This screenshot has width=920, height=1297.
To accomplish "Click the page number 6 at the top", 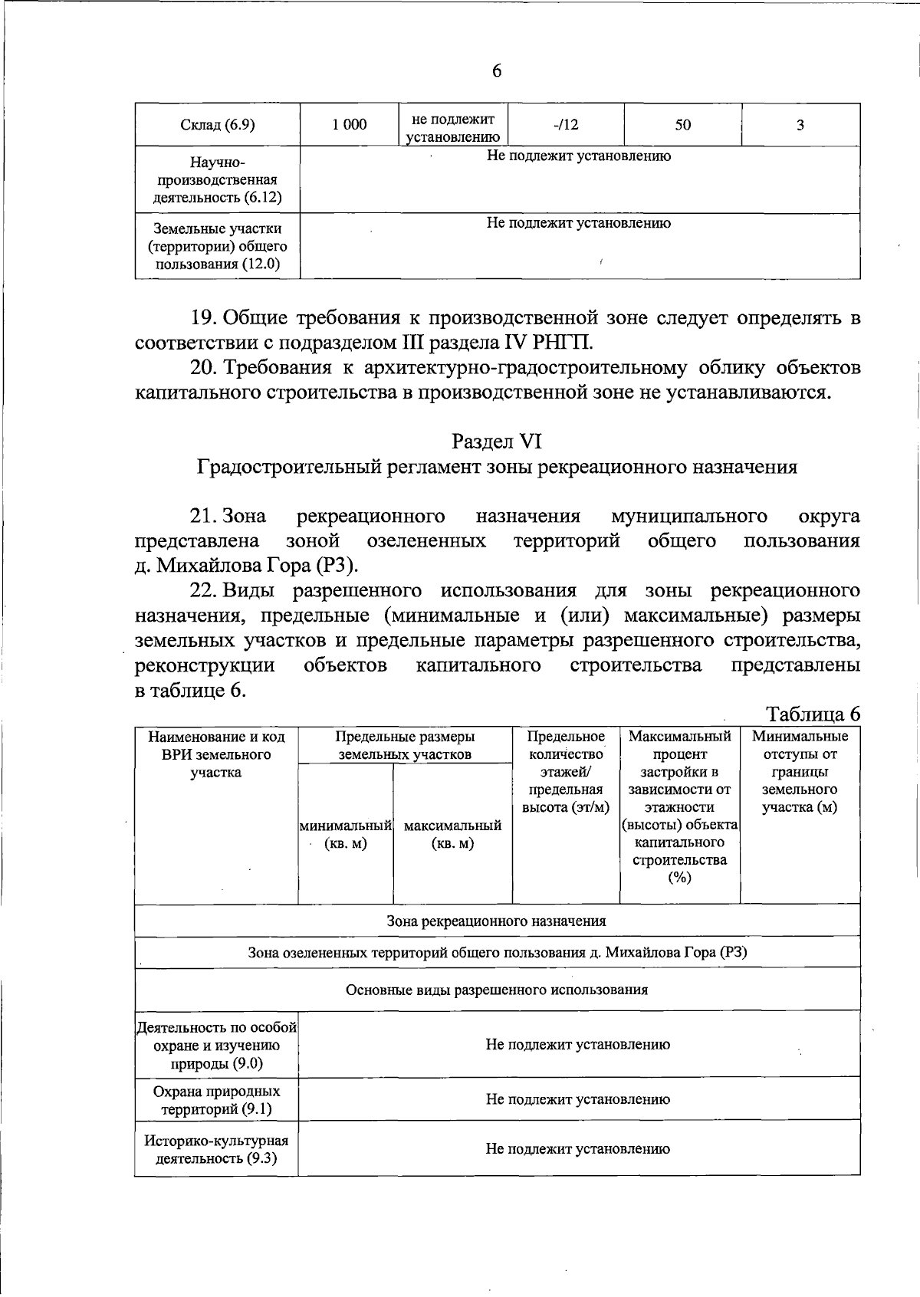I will (x=496, y=71).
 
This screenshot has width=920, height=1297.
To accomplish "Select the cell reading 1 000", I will (x=350, y=125).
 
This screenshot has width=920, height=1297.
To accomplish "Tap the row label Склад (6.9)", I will (x=217, y=125).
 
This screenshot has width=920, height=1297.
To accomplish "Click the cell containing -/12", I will (x=566, y=125).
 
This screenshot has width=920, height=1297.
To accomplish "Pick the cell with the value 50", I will (x=682, y=125).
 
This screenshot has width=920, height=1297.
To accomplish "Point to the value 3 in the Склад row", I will (x=800, y=125).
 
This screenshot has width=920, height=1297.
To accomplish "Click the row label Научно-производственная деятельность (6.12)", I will (x=217, y=180).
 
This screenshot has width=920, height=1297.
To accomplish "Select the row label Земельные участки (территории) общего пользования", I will (x=217, y=247).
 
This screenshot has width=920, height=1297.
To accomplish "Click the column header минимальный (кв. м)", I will (x=346, y=835).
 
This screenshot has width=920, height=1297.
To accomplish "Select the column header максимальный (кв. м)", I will (x=452, y=835).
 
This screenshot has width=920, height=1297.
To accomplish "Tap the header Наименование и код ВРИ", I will (x=216, y=754).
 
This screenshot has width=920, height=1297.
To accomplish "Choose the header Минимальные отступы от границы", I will (x=800, y=772).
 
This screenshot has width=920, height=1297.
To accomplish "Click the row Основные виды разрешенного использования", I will (x=497, y=990).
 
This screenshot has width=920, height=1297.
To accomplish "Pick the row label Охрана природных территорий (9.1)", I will (x=217, y=1100).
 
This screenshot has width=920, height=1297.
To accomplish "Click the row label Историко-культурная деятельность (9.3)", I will (x=217, y=1149).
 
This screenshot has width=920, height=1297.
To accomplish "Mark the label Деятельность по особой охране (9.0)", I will (x=217, y=1046).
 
